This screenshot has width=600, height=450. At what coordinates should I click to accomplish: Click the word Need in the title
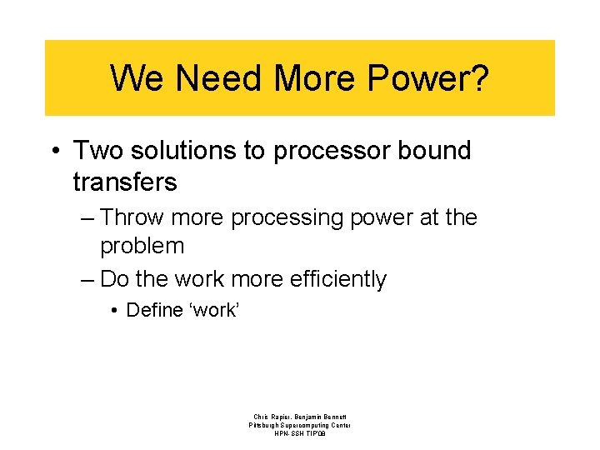(x=218, y=78)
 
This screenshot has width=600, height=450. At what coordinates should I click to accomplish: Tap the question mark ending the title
(x=479, y=78)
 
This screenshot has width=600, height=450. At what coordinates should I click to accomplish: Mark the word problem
(x=142, y=247)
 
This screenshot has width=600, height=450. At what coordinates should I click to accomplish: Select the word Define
(x=154, y=310)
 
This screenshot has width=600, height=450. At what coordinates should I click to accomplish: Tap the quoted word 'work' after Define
(x=215, y=310)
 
